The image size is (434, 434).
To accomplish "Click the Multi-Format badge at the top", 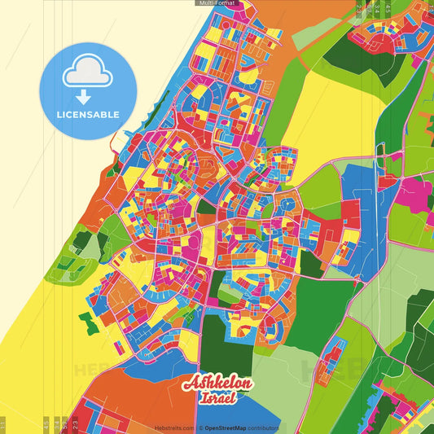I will coord(217,4).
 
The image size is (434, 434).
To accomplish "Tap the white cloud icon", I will coord(86,72).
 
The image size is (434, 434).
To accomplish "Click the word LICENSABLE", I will coord(87,115).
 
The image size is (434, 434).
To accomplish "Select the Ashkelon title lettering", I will coord(217,383).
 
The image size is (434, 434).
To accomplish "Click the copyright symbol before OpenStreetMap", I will coord(200,427).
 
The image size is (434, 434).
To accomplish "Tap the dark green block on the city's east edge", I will coord(310,263).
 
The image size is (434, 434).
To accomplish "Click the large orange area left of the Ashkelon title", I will coord(130,399).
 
